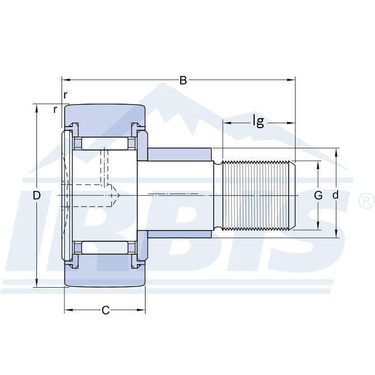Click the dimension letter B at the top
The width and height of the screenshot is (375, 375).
coord(183,80)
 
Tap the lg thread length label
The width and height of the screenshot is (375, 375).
coord(258,121)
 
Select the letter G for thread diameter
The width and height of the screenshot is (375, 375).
coord(318,195)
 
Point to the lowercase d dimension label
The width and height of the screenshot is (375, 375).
coord(336,195)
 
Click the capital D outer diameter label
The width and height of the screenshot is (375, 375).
coord(37,195)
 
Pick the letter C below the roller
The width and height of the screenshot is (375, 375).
coord(105,311)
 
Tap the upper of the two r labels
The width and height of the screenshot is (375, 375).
coord(65,95)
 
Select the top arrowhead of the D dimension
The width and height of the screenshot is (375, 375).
coord(37,107)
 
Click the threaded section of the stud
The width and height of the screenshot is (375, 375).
coord(257,195)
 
